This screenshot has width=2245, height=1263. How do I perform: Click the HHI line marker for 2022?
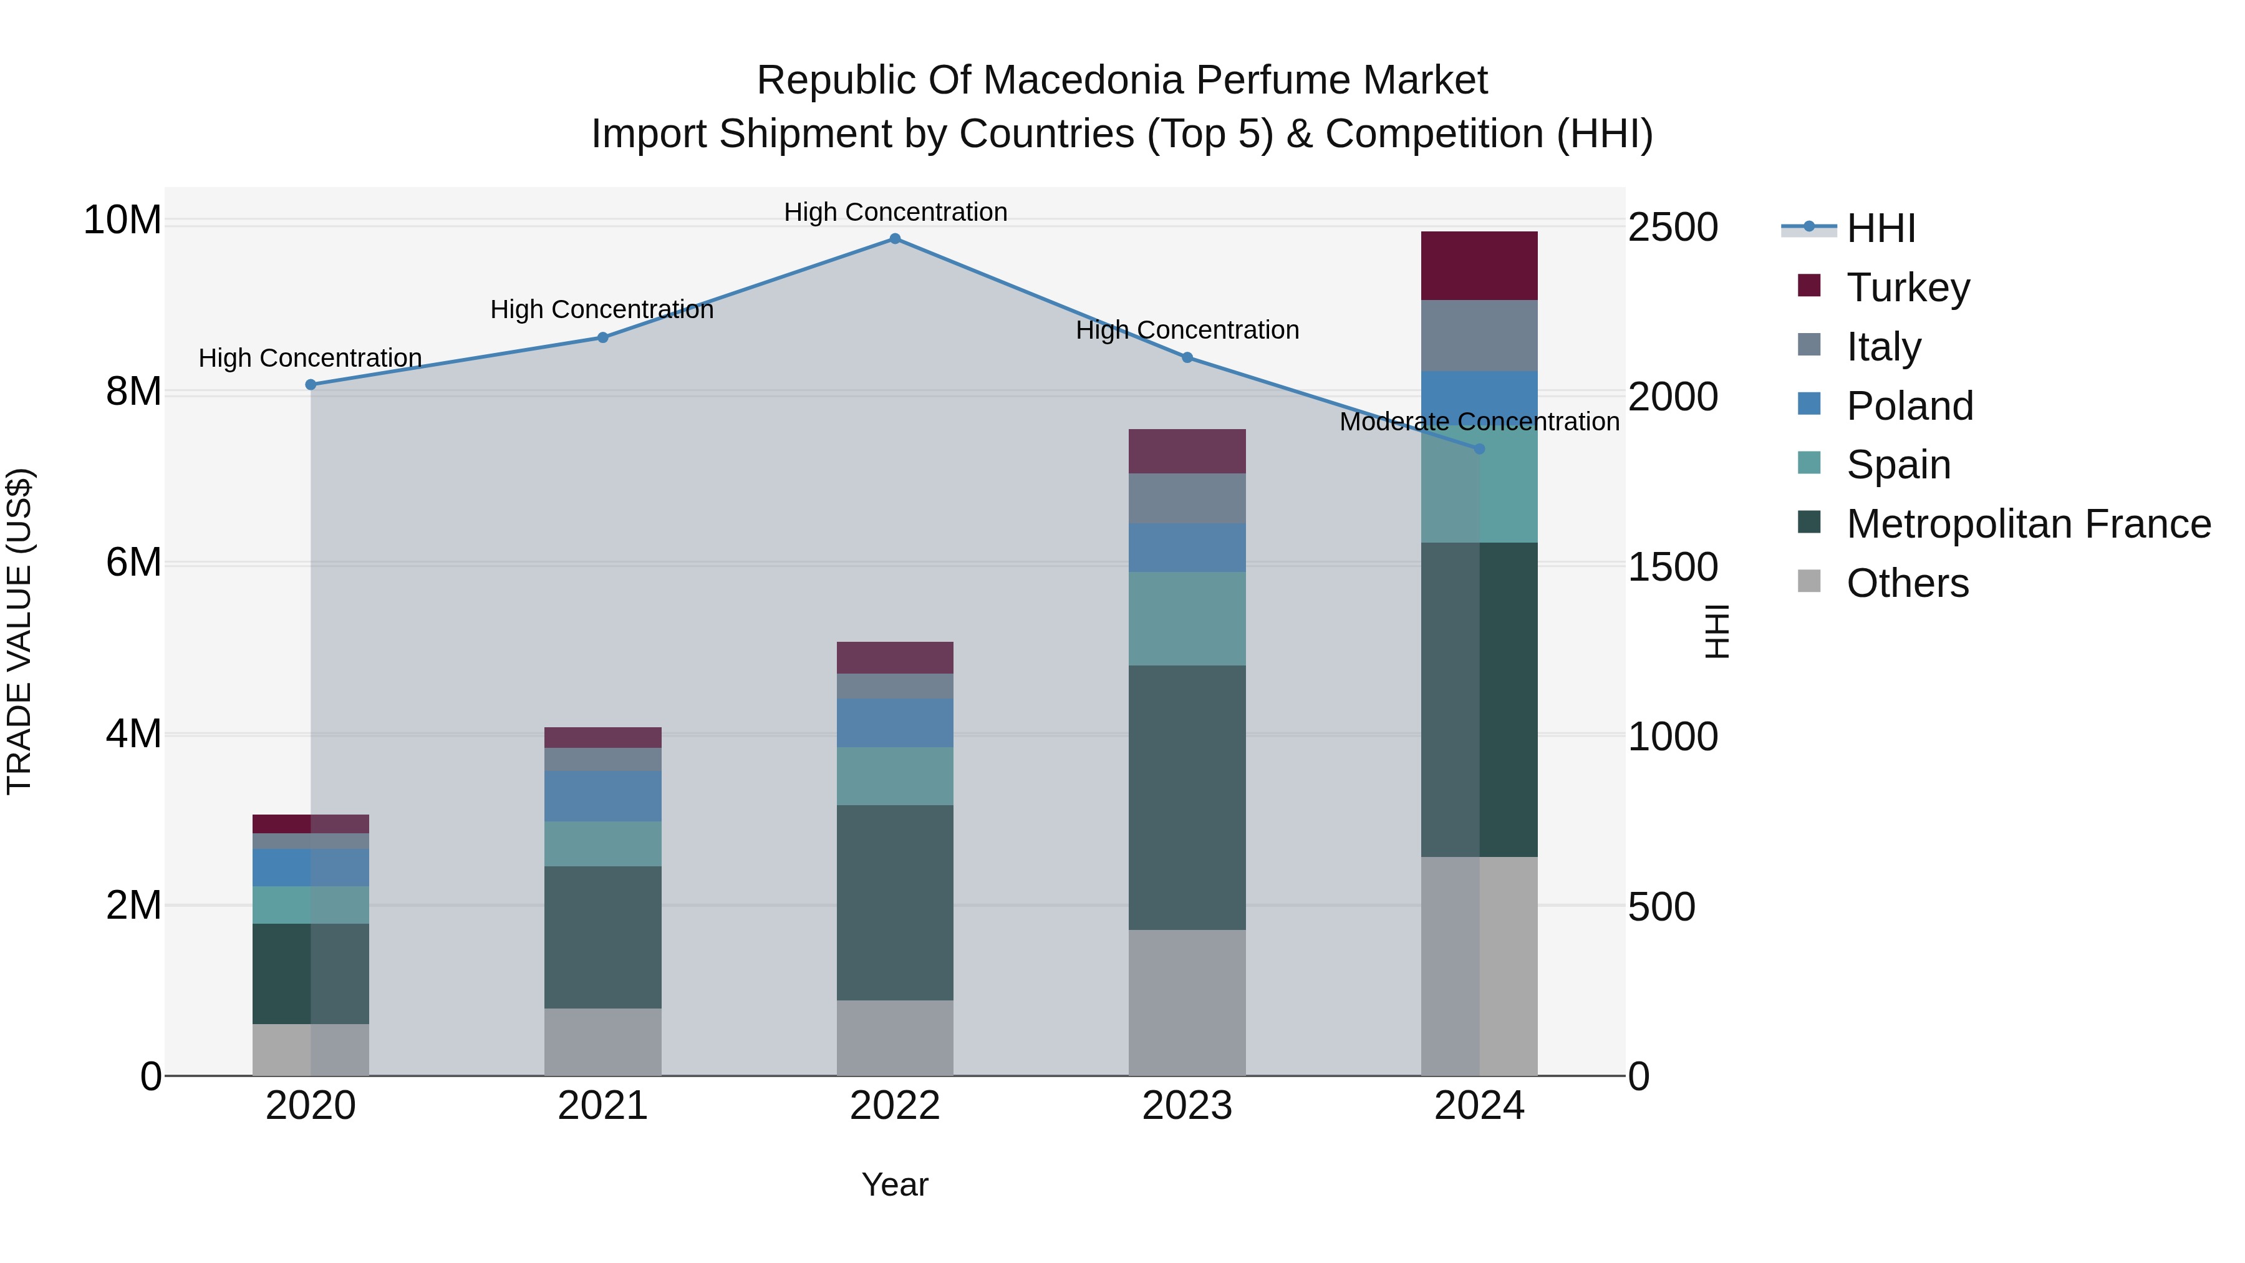[895, 239]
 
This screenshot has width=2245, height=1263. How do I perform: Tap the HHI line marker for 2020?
[311, 384]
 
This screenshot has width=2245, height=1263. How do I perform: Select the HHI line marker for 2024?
[1479, 449]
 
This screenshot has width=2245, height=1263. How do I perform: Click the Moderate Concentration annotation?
[1479, 422]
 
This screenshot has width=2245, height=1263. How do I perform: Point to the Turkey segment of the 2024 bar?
[1479, 266]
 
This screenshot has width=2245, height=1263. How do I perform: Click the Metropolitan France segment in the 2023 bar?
[1187, 798]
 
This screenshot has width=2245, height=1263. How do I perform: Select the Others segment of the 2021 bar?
[603, 1042]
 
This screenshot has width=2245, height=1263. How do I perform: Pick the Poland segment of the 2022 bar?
[895, 723]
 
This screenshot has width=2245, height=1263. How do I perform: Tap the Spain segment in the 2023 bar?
[1187, 619]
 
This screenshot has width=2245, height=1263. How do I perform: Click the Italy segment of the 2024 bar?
[1479, 336]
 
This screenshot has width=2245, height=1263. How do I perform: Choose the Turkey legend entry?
[1908, 288]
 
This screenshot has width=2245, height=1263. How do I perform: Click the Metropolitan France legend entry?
[2028, 524]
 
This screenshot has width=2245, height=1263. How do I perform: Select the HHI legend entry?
[1881, 228]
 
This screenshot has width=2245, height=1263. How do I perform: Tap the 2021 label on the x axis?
[603, 1106]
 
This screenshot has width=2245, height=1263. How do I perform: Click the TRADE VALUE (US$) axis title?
[19, 631]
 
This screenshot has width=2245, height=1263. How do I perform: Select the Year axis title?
[895, 1184]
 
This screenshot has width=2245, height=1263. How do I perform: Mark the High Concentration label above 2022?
[895, 212]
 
